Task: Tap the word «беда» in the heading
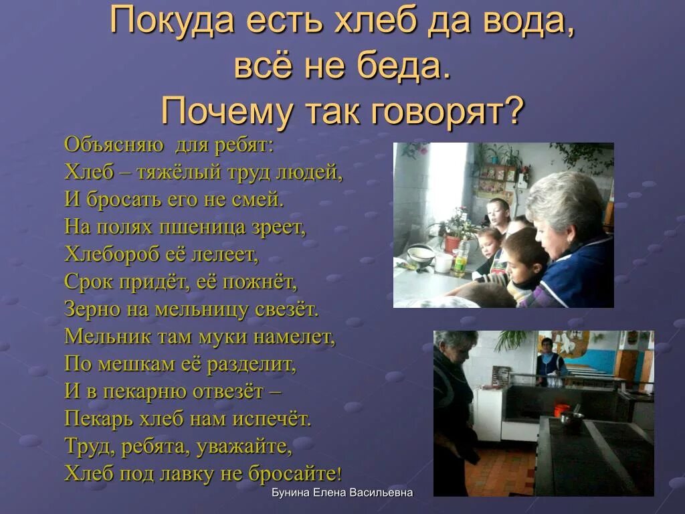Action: tap(405, 67)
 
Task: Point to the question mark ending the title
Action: tap(512, 110)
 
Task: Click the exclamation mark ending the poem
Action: tap(339, 475)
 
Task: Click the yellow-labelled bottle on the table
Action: tap(460, 257)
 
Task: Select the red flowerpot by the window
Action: tap(452, 244)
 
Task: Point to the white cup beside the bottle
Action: tap(443, 262)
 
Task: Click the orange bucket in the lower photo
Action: tap(561, 409)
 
